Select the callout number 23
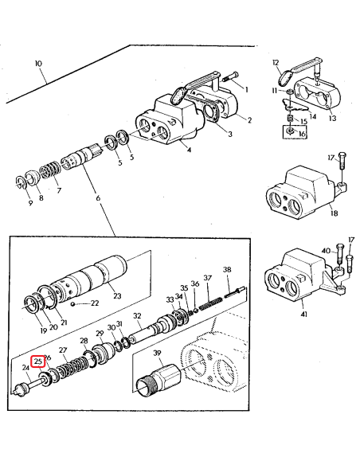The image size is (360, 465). click(117, 296)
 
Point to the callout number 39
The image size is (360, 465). click(157, 354)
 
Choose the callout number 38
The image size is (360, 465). click(227, 270)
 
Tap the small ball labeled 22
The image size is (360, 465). click(73, 303)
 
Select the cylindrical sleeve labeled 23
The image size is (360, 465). click(96, 275)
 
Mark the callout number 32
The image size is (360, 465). click(137, 317)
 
